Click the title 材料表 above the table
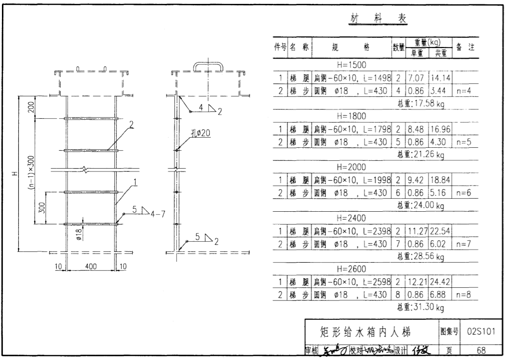click(378, 19)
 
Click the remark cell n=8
click(464, 294)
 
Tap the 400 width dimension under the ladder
click(91, 266)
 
